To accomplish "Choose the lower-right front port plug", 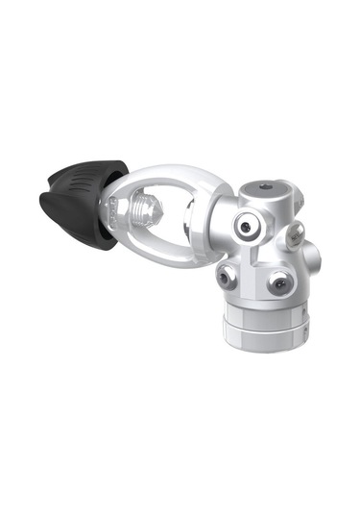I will [279, 282].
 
